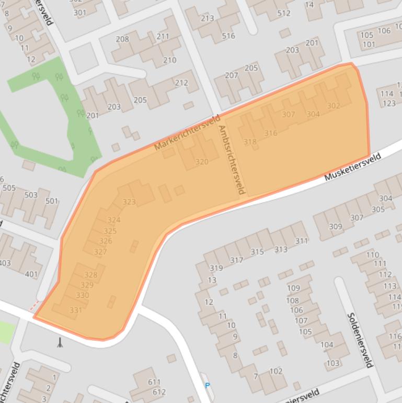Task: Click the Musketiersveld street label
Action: [352, 167]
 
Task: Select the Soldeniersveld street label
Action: [360, 340]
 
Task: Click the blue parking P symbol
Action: [208, 386]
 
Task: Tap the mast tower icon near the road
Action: [60, 342]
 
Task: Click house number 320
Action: [202, 162]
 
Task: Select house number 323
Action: [129, 201]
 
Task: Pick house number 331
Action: [76, 310]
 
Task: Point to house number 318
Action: [250, 142]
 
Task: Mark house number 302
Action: [333, 106]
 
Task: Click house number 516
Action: [228, 36]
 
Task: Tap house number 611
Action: [154, 383]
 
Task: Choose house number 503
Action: [31, 195]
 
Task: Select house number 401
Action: [31, 274]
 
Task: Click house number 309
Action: [335, 227]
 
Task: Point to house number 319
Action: [216, 268]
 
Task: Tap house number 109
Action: [293, 288]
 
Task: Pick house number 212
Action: [181, 83]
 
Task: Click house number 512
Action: [284, 13]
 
